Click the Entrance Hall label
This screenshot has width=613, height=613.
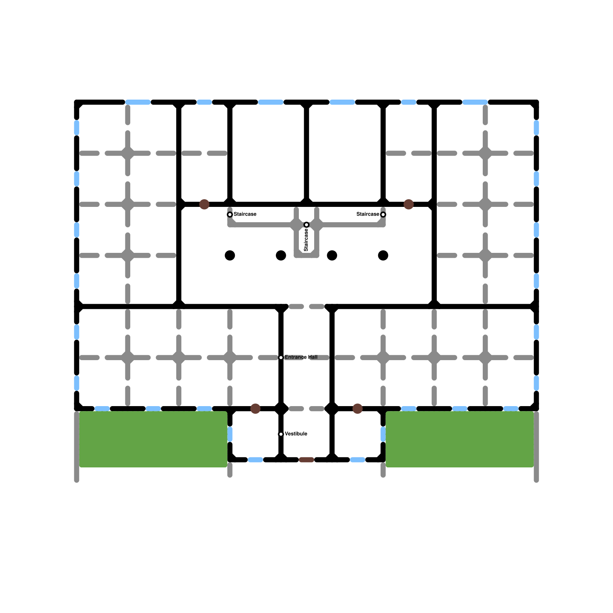[x=301, y=357]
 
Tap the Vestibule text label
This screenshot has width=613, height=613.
[x=296, y=434]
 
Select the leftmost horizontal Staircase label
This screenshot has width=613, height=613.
[x=245, y=214]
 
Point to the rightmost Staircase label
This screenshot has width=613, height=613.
[x=368, y=214]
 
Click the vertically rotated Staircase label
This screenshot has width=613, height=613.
[x=306, y=240]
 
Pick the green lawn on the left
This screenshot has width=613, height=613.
[x=153, y=439]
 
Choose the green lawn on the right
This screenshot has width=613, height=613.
[x=460, y=439]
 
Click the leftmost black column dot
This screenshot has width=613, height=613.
[x=230, y=255]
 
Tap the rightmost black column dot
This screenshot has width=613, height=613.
[x=383, y=255]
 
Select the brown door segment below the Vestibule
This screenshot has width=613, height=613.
[x=306, y=460]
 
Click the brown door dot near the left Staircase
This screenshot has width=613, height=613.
[x=204, y=204]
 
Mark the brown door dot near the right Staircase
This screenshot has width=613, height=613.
[x=409, y=204]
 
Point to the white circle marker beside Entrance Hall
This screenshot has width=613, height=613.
[x=281, y=357]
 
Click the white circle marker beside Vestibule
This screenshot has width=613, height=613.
[x=281, y=434]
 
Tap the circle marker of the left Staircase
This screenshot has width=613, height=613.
[x=230, y=215]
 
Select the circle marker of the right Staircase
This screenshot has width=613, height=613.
[x=383, y=215]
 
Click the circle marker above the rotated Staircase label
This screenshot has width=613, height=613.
[x=306, y=225]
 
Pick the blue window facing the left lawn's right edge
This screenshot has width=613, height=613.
[x=230, y=434]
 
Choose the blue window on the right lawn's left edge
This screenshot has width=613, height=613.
[x=383, y=434]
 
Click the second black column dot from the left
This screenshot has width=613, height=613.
[x=281, y=255]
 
